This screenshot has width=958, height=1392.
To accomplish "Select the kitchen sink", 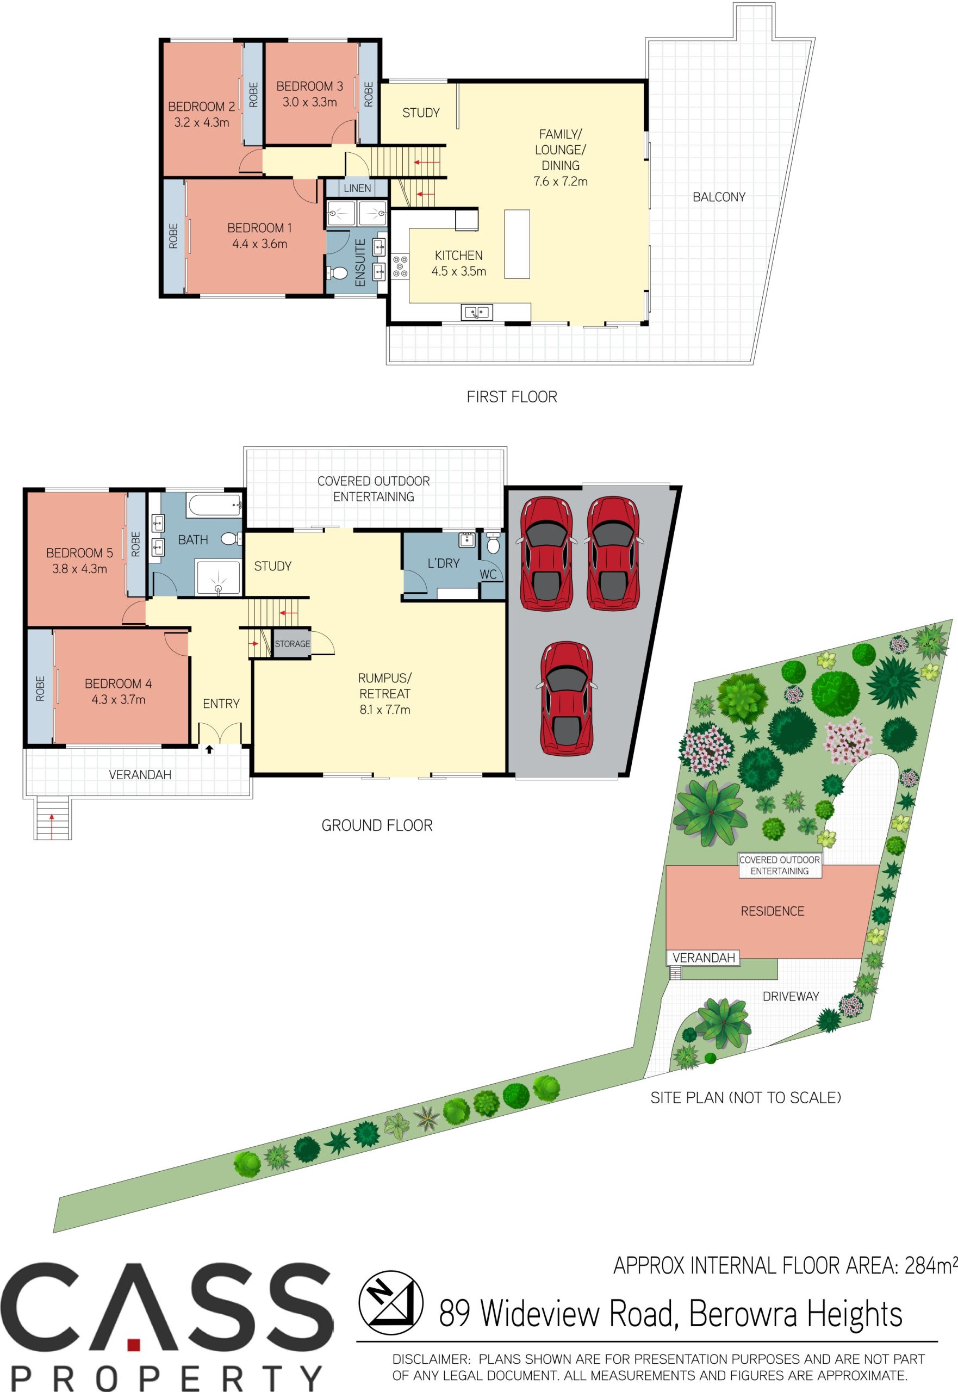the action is (477, 312).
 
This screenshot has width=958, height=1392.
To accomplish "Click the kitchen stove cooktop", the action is (400, 266).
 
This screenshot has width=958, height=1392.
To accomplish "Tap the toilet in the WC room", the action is (493, 543).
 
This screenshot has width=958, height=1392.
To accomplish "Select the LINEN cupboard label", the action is (357, 189).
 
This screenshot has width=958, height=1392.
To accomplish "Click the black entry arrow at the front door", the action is (209, 749).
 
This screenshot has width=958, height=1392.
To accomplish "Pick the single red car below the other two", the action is (567, 698).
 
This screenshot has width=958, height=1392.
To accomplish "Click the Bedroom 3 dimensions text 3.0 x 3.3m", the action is (310, 102).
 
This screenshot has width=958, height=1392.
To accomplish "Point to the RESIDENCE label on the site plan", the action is (772, 911).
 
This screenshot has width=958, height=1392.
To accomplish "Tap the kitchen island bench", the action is (517, 244).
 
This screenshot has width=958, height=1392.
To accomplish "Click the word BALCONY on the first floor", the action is (719, 197).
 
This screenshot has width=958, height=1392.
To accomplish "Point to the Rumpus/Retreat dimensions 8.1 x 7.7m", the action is (385, 710).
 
